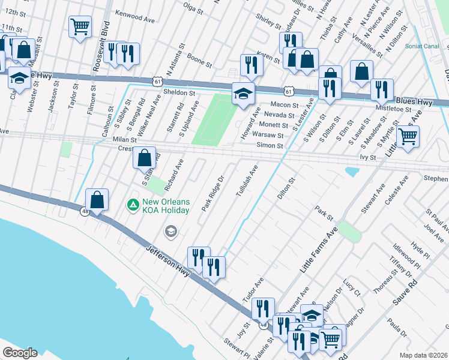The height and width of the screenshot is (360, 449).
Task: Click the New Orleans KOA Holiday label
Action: tap(166, 206)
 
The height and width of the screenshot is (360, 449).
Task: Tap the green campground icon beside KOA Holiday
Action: tap(132, 205)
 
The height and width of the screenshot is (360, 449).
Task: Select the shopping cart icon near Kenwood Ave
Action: tap(80, 27)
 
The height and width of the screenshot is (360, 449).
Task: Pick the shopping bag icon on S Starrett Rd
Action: tap(144, 158)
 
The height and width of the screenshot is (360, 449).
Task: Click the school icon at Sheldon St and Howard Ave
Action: tap(243, 93)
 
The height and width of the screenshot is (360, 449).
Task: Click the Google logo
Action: tap(20, 353)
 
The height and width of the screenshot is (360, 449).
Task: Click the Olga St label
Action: tap(193, 8)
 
